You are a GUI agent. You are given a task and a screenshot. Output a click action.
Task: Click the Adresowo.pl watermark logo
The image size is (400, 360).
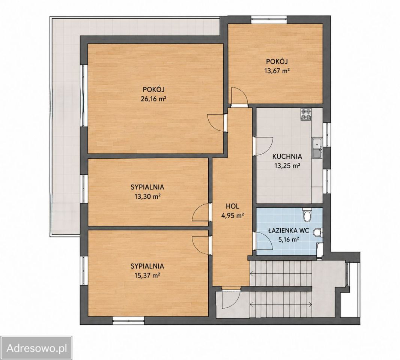pyautogui.click(x=36, y=348)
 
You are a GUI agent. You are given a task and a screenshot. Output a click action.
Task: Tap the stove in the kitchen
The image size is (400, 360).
pyautogui.click(x=306, y=114)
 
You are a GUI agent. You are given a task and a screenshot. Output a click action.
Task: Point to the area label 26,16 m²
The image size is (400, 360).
pyautogui.click(x=153, y=99)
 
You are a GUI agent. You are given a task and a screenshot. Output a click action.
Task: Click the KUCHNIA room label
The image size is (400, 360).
pyautogui.click(x=287, y=156)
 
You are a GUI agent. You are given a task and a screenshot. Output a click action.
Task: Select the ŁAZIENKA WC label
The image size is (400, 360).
pyautogui.click(x=289, y=231)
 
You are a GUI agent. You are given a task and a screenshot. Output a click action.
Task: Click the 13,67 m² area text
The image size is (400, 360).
pyautogui.click(x=277, y=71)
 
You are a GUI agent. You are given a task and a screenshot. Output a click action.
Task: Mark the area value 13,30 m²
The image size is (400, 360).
pyautogui.click(x=147, y=196)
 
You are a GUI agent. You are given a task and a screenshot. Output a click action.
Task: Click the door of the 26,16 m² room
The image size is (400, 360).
pyautogui.click(x=217, y=123)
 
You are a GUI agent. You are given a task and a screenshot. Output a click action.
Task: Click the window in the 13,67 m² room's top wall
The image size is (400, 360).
pyautogui.click(x=269, y=20)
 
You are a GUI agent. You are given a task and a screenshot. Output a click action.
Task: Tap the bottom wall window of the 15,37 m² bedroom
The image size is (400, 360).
pyautogui.click(x=128, y=320)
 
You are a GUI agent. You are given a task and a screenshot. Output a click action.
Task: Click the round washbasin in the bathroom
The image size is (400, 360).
pyautogui.click(x=317, y=232)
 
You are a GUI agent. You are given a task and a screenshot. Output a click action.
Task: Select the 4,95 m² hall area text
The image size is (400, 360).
pyautogui.click(x=232, y=216)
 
